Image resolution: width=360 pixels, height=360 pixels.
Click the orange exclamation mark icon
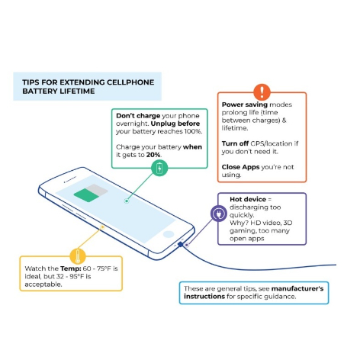point(262,92)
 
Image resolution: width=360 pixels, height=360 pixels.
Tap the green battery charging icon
point(159,168)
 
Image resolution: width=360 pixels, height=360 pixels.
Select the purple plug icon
point(219,214)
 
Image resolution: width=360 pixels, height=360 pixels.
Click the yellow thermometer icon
point(78,256)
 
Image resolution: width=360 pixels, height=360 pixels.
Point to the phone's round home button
point(169,234)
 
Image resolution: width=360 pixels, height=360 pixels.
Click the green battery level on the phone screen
point(86,195)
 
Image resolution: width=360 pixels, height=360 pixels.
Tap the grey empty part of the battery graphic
point(97,188)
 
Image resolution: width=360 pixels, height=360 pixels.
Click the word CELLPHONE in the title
point(130,82)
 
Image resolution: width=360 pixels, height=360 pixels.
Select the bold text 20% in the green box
point(153,155)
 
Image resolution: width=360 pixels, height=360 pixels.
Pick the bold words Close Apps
point(240,167)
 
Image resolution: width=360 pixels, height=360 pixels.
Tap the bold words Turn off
point(235,143)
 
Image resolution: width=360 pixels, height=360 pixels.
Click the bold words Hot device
point(248,199)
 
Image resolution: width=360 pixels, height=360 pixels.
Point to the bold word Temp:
point(71,268)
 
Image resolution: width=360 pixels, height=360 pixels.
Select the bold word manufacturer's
point(297,289)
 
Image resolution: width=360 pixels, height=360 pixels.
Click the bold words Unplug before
point(175,124)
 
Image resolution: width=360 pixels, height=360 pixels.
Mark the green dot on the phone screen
point(127,201)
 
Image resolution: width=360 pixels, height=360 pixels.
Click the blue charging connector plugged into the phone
point(180,245)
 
